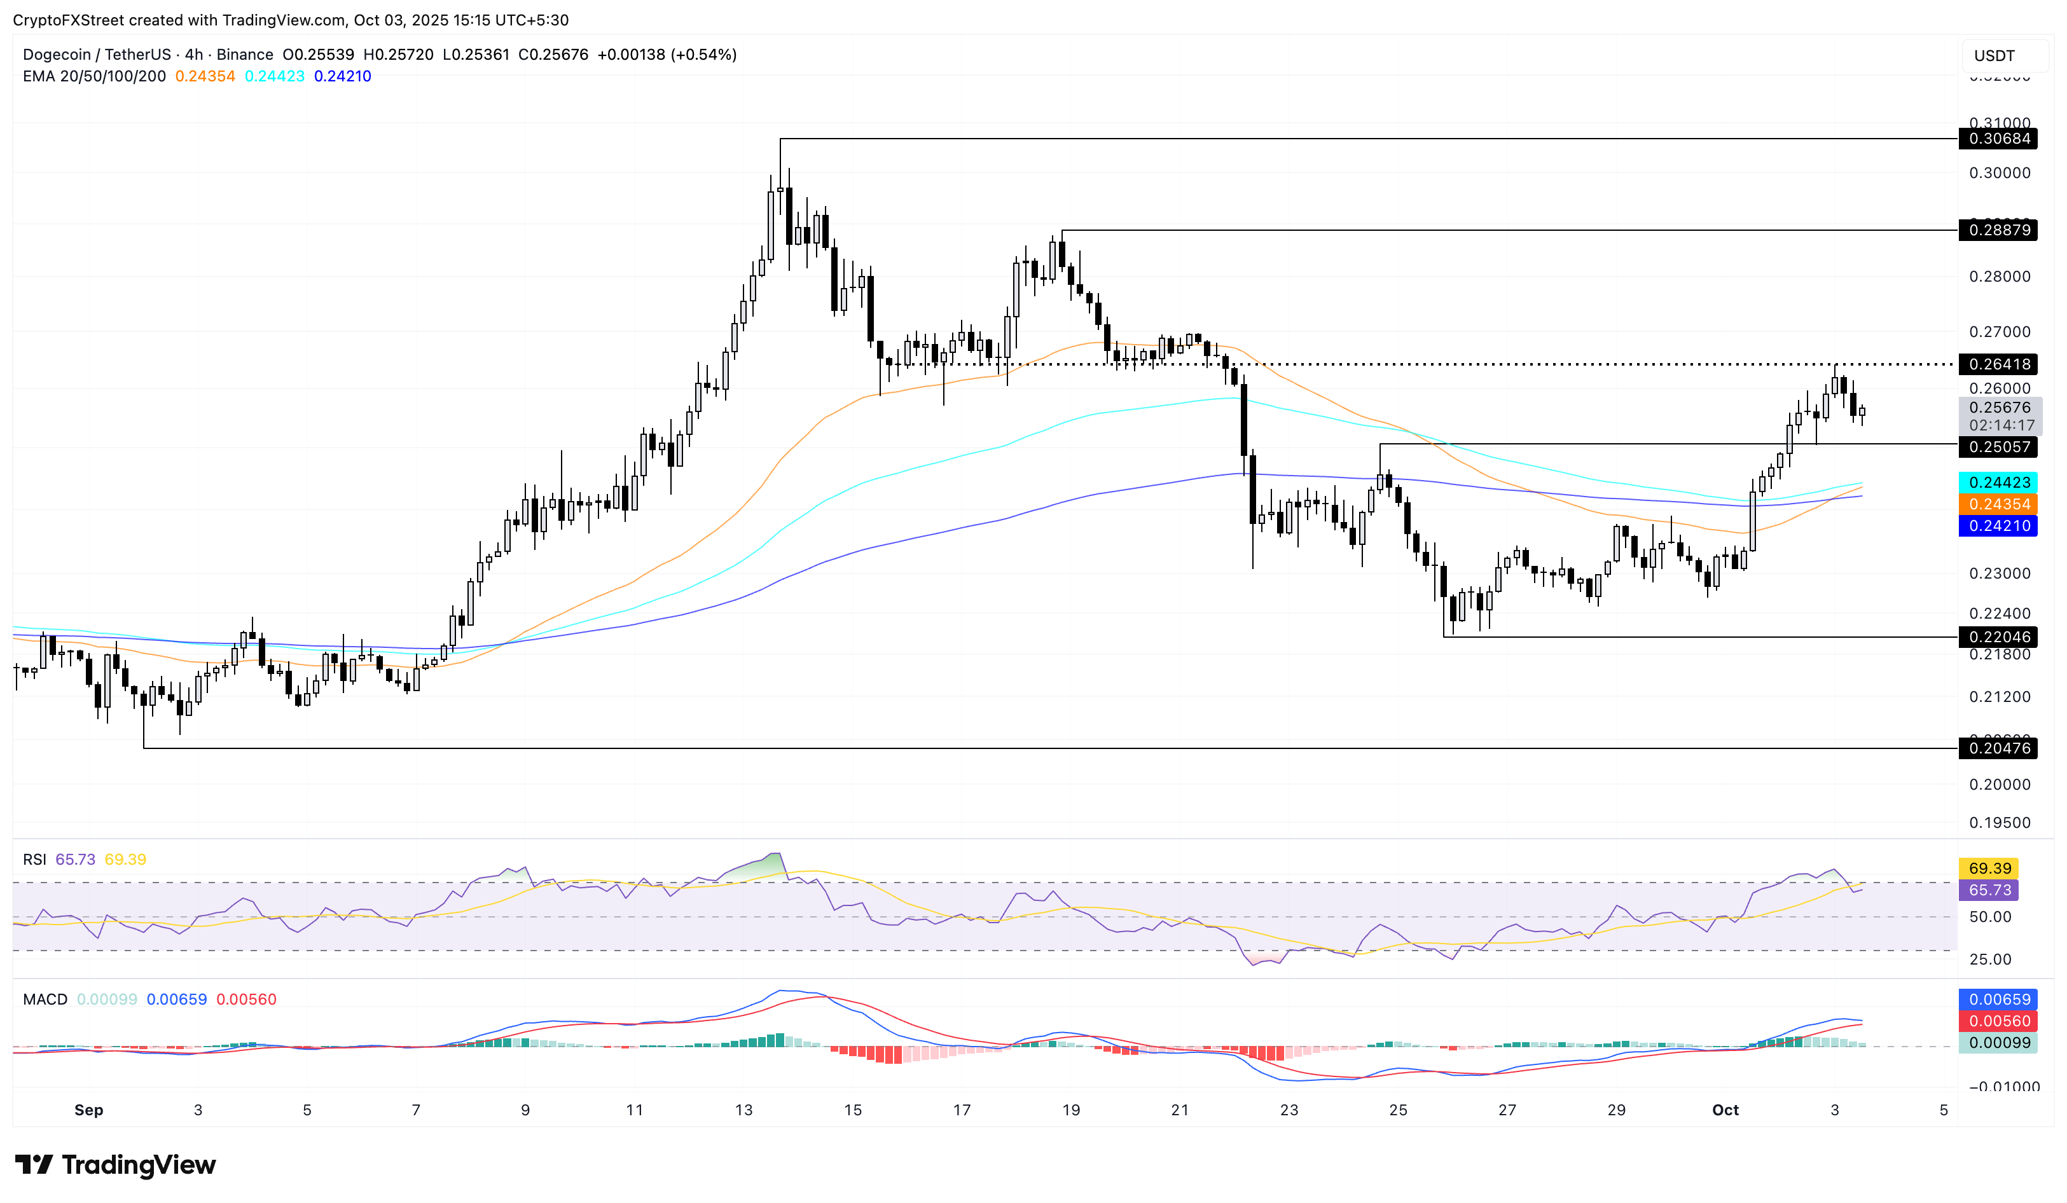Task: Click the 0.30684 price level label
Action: [x=1998, y=139]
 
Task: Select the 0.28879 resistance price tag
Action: [x=1998, y=230]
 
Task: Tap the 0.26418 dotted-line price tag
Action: [x=1998, y=364]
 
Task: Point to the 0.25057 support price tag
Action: [x=1998, y=447]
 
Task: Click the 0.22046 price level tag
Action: [x=1998, y=637]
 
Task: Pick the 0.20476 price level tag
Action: [x=1998, y=748]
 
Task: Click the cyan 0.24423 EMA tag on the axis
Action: [x=1998, y=482]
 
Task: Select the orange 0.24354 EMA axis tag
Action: [x=1998, y=504]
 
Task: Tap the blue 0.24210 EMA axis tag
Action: [x=1998, y=526]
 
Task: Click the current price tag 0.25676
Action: [x=1998, y=408]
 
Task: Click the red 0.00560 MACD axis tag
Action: [x=1998, y=1021]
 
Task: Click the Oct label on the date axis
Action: [x=1725, y=1110]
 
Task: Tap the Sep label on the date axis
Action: [x=88, y=1110]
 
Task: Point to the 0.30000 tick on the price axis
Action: [x=1999, y=173]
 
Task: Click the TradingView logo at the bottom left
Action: [x=116, y=1164]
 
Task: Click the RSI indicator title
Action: [x=34, y=860]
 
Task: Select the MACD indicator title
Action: [x=45, y=999]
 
